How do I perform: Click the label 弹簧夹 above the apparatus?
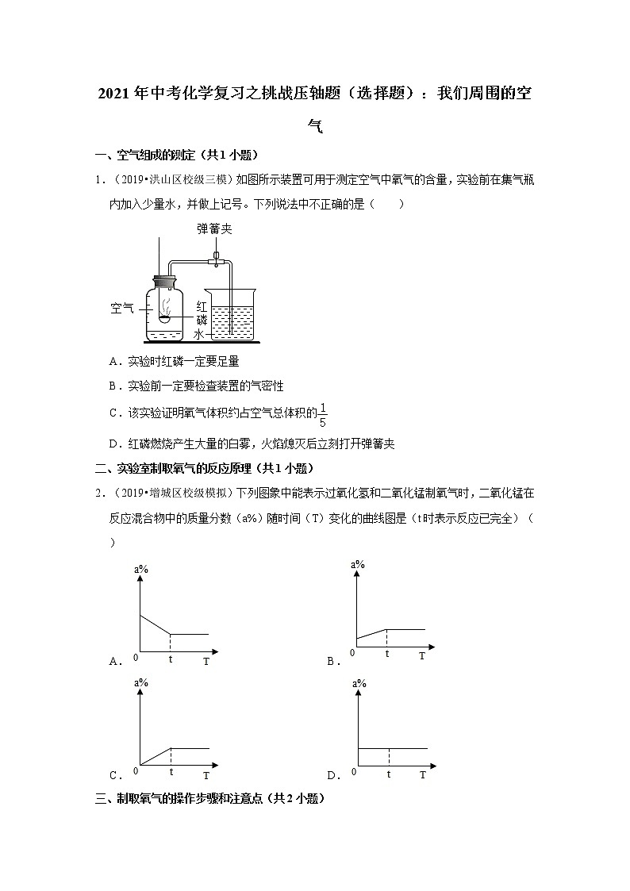[214, 229]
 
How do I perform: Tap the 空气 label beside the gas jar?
[122, 308]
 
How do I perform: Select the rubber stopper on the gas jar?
[167, 280]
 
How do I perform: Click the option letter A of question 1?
[113, 361]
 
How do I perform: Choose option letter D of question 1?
[113, 444]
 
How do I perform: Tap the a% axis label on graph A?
[142, 569]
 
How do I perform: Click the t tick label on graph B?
[387, 654]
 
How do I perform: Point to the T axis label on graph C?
[206, 775]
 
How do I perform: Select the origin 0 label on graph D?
[355, 771]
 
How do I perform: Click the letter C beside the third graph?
[113, 776]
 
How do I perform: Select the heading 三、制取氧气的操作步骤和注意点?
[209, 799]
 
